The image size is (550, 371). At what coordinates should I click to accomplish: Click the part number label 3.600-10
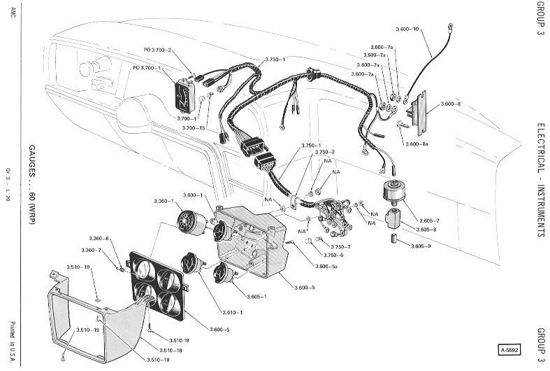(407, 29)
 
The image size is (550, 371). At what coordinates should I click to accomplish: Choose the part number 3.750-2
(325, 152)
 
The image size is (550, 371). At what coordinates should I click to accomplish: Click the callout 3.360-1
(164, 202)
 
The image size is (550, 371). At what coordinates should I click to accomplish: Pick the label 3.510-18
(171, 350)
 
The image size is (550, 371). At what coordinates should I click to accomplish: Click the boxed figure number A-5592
(509, 349)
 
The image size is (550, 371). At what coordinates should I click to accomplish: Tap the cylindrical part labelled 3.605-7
(393, 192)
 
